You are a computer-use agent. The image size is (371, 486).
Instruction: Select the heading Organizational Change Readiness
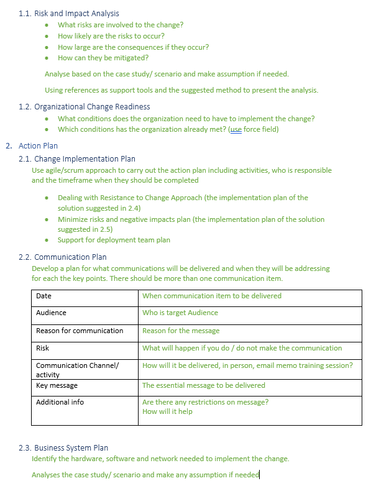[92, 107]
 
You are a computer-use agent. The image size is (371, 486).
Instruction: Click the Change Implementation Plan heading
[85, 159]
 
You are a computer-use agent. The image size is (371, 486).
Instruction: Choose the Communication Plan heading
[70, 257]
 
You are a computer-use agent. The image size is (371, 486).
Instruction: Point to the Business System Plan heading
[71, 447]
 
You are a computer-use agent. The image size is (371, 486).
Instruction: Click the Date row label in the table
[44, 296]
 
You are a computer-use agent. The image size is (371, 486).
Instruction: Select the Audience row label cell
[51, 313]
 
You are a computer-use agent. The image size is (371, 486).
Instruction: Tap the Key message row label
[57, 385]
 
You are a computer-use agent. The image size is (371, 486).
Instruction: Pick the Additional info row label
[60, 402]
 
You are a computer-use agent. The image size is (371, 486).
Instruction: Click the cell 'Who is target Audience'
[180, 313]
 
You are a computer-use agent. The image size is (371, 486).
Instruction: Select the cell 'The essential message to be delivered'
[203, 385]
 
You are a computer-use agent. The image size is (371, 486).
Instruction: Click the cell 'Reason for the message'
[181, 331]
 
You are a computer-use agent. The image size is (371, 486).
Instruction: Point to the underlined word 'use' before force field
[236, 129]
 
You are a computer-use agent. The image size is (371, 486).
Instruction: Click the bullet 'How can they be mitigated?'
[103, 58]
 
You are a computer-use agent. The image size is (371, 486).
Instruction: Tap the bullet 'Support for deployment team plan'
[114, 240]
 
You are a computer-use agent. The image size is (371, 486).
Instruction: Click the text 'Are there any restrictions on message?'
[205, 402]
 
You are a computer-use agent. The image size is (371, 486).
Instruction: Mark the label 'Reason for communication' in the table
[80, 331]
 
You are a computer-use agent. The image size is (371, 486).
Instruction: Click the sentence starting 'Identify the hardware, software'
[160, 459]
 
